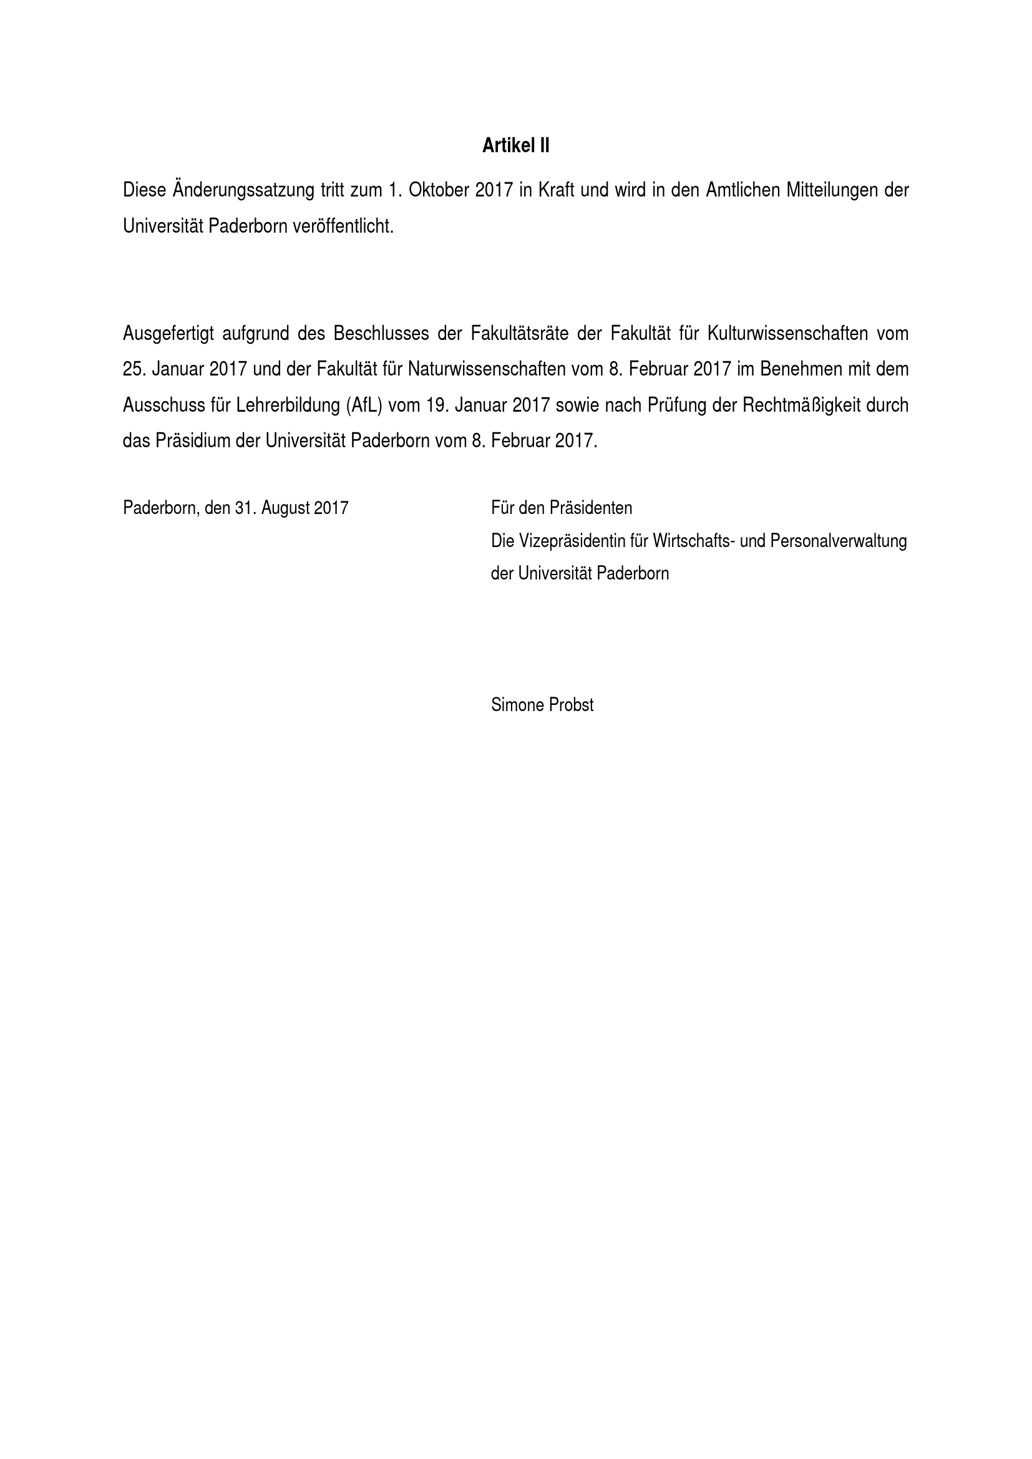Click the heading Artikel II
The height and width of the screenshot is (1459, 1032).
(515, 147)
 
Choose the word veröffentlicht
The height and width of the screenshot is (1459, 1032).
(343, 227)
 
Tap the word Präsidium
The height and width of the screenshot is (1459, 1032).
(193, 441)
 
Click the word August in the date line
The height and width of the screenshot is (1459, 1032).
(285, 508)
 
